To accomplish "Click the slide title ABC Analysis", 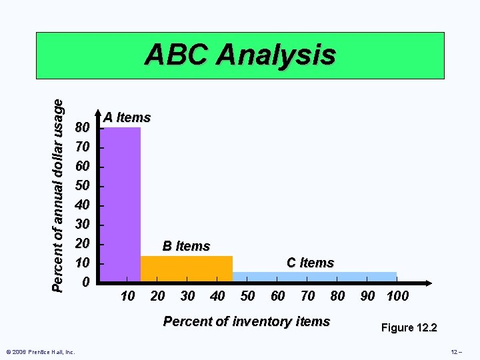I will coord(240,55).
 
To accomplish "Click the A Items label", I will coord(127,117).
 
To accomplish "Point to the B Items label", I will coord(186,246).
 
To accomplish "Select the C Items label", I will coord(310,263).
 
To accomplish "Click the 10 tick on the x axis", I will coord(127,296).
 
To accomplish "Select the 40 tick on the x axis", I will coord(217,296).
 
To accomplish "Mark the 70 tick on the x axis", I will coord(307,296).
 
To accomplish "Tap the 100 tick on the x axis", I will coord(397,296).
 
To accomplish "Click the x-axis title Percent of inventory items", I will coord(247,321).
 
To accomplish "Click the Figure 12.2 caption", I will coord(409,327).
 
